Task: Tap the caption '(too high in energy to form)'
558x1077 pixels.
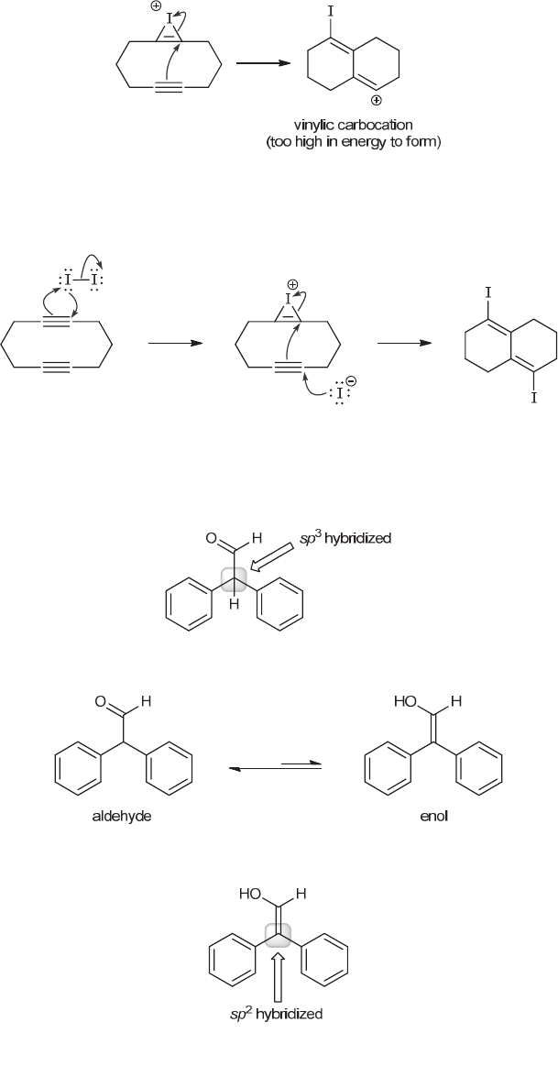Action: [367, 142]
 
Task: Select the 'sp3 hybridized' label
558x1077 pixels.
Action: [352, 539]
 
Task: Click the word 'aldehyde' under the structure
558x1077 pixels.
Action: [122, 817]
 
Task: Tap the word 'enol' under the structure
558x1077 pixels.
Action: [432, 817]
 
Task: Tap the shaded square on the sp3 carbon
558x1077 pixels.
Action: [234, 579]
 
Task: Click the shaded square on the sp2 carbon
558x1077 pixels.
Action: [279, 934]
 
